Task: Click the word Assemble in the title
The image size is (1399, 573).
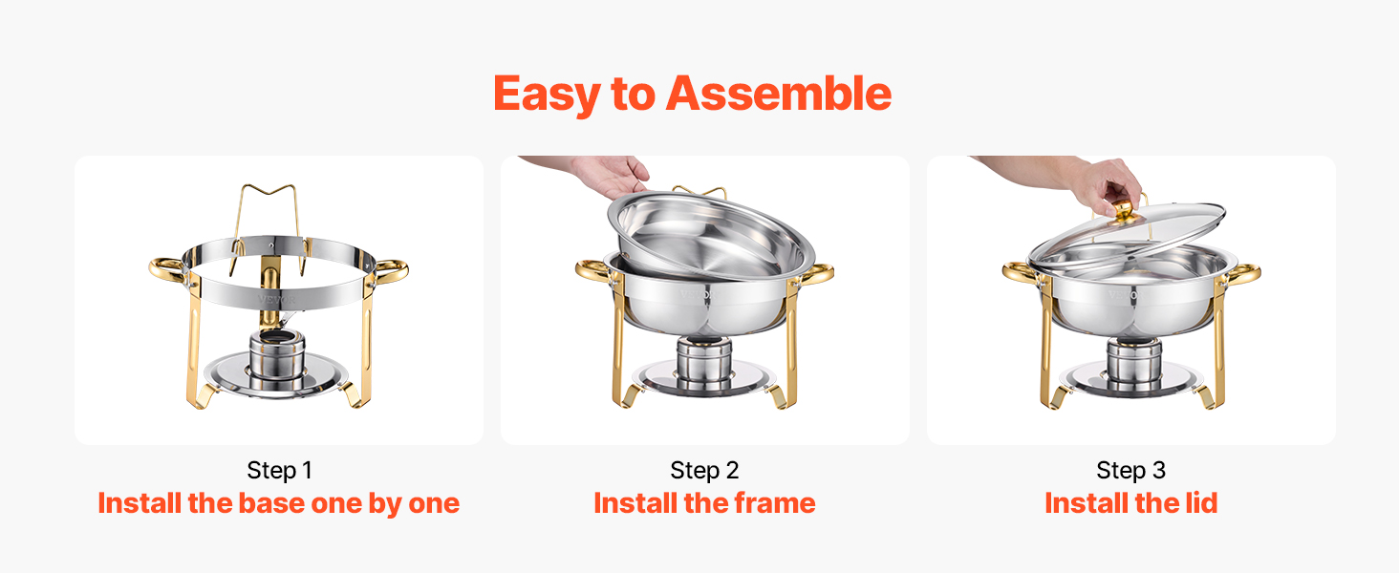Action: pos(779,94)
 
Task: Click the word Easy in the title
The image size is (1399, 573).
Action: pos(546,95)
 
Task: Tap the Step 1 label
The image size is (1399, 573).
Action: pos(279,470)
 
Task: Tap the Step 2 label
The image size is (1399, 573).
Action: pos(704,470)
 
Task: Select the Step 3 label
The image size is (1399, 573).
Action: pos(1131,470)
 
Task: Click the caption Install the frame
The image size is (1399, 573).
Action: pos(704,503)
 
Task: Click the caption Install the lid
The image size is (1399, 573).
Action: pos(1131,503)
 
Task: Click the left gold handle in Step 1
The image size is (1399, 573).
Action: pos(167,269)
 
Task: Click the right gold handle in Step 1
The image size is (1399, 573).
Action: pos(391,271)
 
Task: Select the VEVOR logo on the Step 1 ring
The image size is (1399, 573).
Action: pos(277,300)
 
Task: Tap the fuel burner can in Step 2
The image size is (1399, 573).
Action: pos(704,365)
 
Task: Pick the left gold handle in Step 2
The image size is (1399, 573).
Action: pos(593,271)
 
